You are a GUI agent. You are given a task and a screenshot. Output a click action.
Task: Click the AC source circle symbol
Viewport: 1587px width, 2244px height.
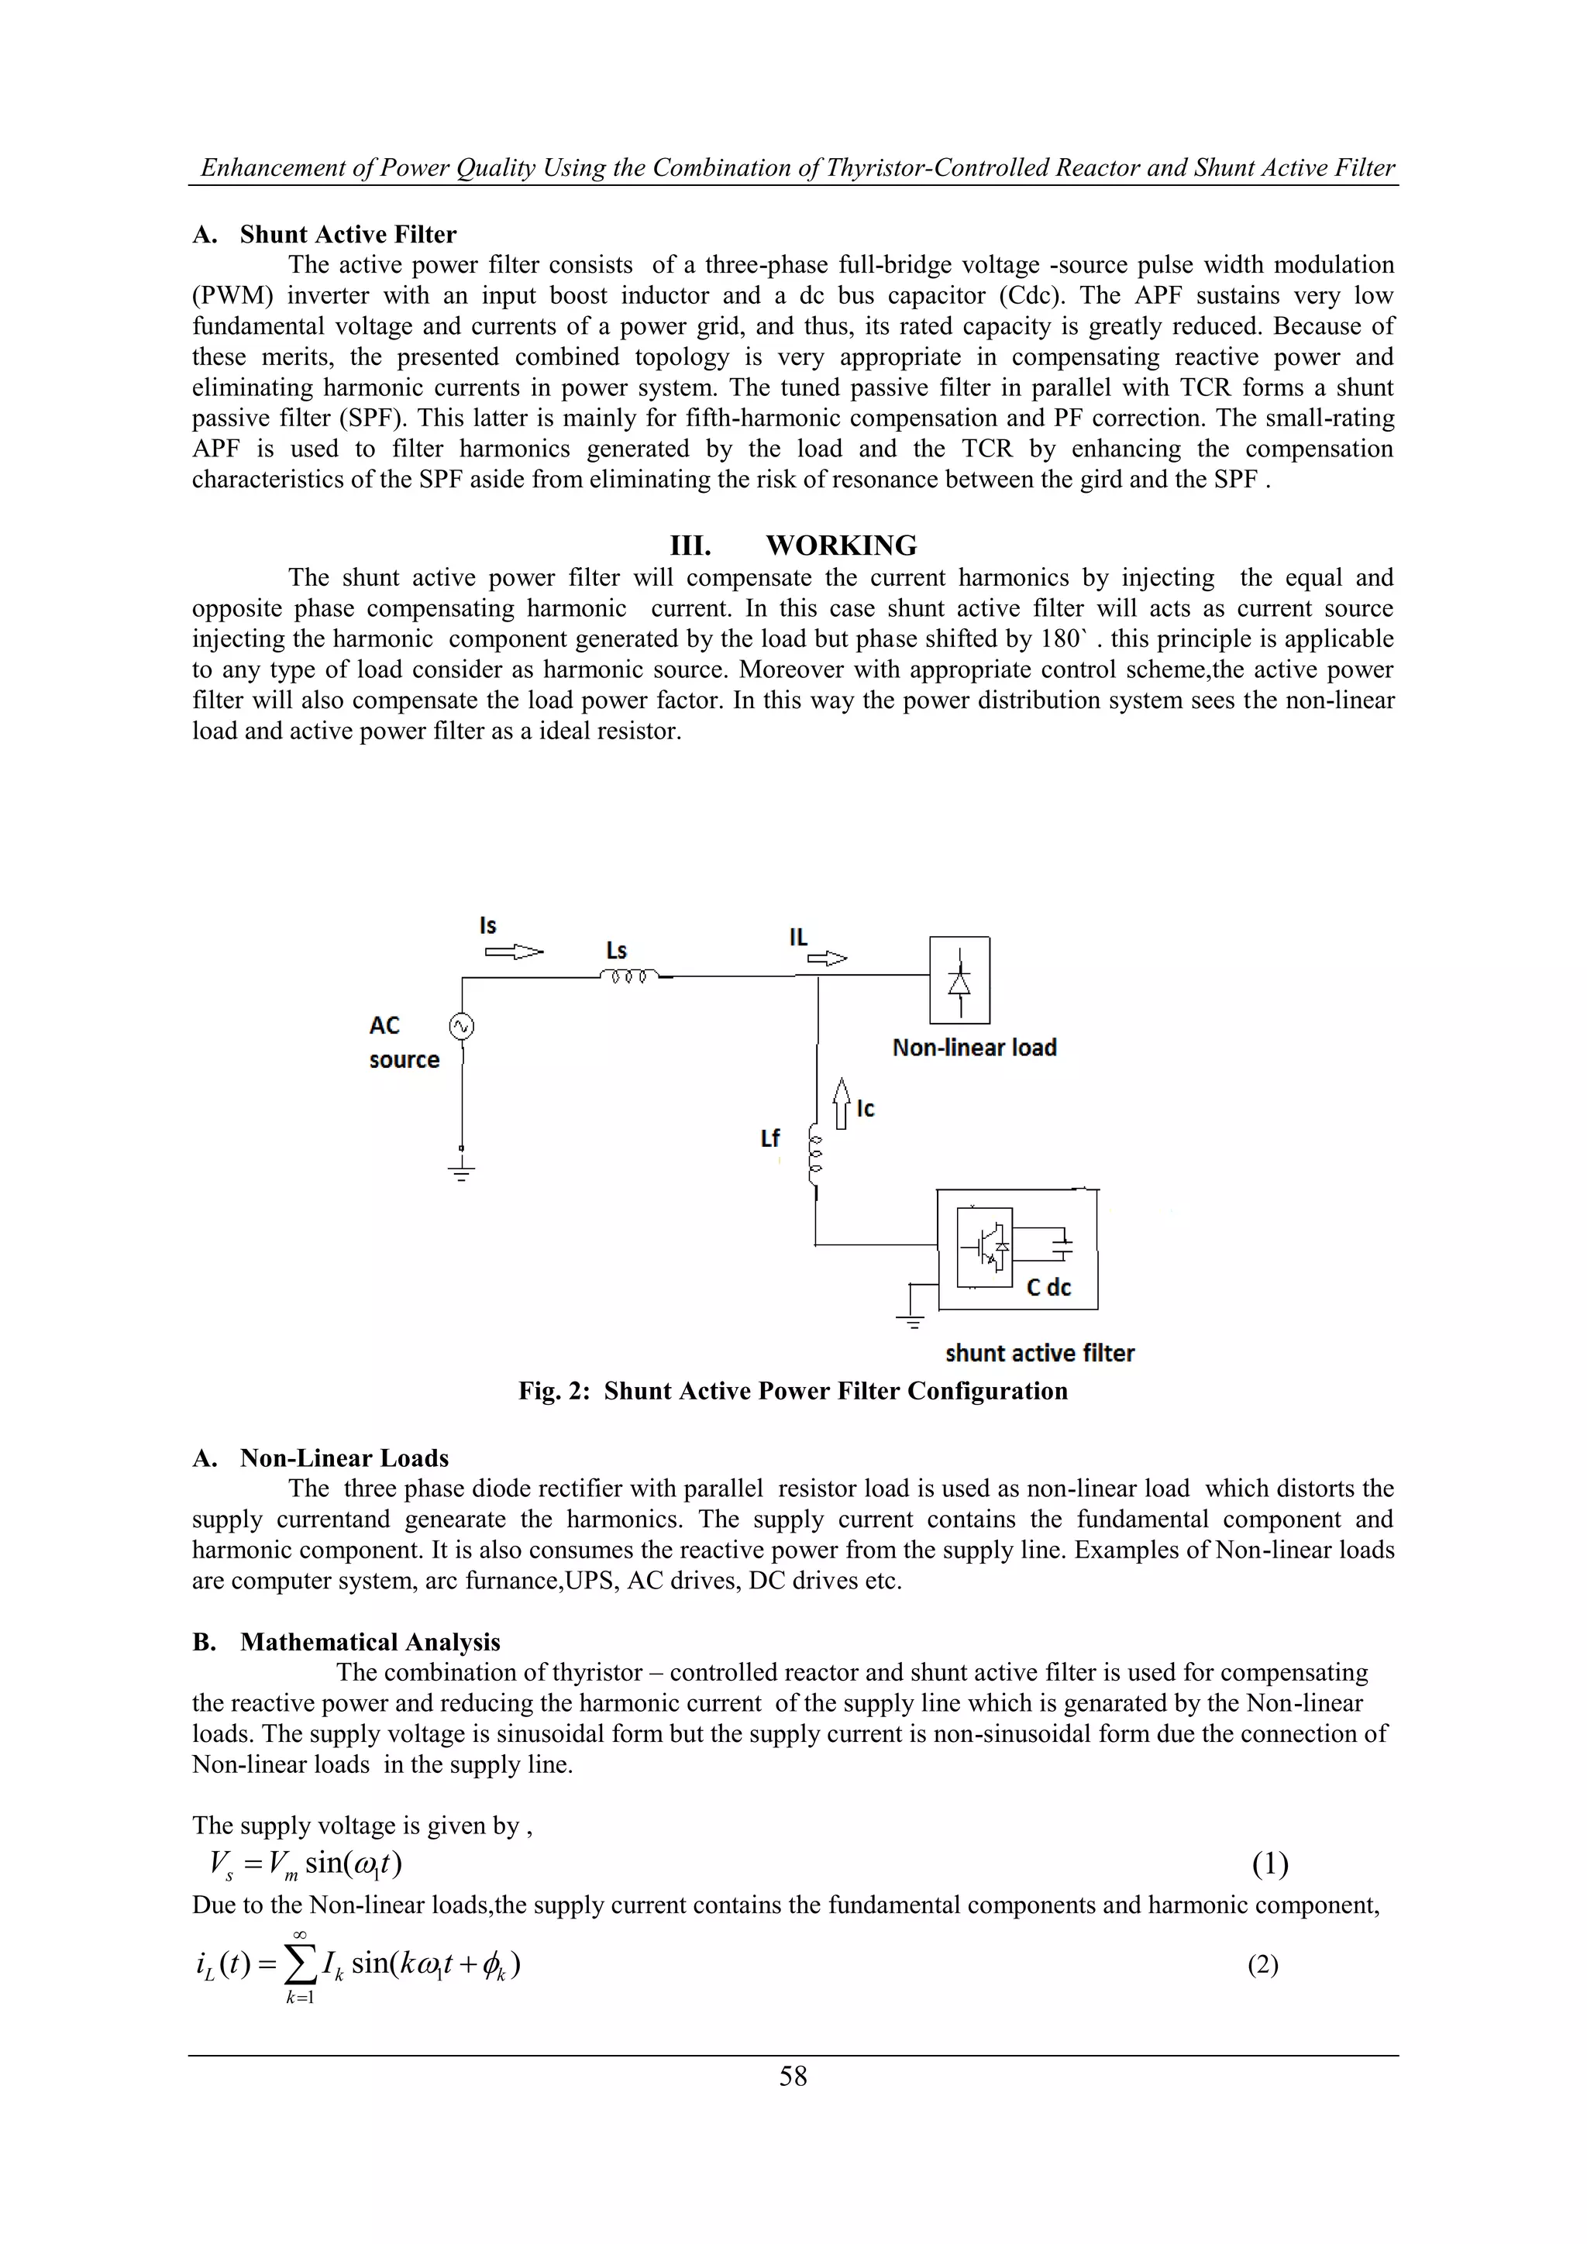click(461, 1026)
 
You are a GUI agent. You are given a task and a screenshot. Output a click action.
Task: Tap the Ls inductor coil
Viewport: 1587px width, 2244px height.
click(629, 975)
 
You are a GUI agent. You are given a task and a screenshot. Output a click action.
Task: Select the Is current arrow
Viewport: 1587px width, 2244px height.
click(514, 951)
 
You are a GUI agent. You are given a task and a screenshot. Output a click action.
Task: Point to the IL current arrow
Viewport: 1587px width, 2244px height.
click(826, 959)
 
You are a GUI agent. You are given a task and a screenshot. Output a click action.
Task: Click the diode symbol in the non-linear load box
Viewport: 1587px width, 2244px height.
click(959, 980)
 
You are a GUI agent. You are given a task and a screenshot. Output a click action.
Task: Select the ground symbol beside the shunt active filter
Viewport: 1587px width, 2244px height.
click(910, 1320)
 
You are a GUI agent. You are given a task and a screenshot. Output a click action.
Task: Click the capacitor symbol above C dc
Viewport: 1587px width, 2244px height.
click(1062, 1244)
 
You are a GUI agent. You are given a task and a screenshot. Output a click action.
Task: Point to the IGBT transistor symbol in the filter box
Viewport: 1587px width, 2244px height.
click(985, 1247)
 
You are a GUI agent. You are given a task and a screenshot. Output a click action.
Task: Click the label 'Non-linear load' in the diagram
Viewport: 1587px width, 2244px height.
click(974, 1048)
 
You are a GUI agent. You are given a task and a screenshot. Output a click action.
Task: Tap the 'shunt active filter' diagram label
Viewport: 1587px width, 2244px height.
click(1040, 1354)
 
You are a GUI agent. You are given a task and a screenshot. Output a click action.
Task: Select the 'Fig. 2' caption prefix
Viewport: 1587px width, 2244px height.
click(554, 1391)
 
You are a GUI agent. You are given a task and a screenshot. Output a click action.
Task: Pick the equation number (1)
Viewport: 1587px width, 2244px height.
click(1269, 1865)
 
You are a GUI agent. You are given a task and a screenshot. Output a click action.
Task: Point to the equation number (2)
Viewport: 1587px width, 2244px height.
click(1262, 1966)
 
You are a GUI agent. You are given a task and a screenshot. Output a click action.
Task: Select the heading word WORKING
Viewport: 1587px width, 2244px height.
click(842, 546)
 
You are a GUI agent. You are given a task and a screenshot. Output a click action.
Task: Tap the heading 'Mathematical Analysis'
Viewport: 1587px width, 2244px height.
click(370, 1642)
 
